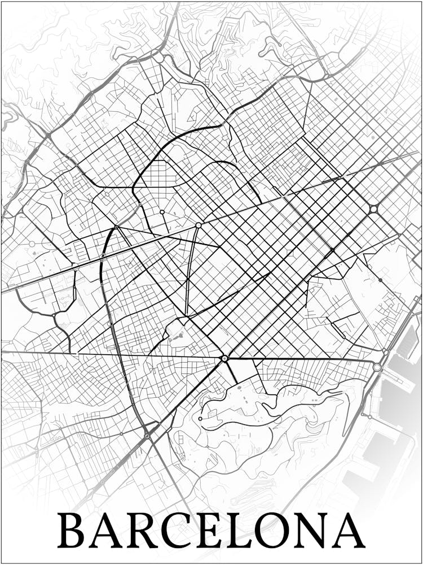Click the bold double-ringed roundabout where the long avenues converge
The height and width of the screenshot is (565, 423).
(x=224, y=358)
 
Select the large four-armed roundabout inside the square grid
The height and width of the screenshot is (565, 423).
(x=373, y=209)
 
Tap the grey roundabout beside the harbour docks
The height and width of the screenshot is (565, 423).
(x=377, y=367)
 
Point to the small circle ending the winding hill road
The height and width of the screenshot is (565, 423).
(x=200, y=419)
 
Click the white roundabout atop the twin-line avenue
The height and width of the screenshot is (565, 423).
(x=199, y=225)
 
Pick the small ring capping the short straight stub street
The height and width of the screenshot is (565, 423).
(x=162, y=212)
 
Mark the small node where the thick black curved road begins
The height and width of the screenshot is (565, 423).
(x=116, y=227)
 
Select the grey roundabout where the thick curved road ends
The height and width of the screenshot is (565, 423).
(x=148, y=436)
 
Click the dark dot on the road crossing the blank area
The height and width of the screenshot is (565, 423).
(x=380, y=280)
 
